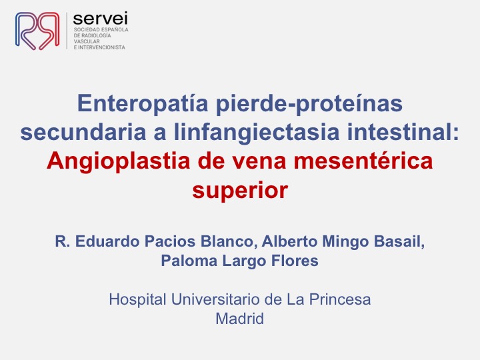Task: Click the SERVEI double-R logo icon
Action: tap(37, 31)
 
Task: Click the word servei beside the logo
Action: tap(101, 19)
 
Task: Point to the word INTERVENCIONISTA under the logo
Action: tap(102, 47)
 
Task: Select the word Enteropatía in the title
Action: tap(143, 103)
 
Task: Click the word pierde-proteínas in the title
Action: tap(309, 104)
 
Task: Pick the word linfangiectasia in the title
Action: tap(257, 133)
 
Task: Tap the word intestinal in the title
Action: tap(401, 132)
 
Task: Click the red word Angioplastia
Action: tap(119, 161)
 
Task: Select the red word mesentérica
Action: tap(363, 161)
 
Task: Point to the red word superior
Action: tap(240, 191)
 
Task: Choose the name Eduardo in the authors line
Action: tap(107, 241)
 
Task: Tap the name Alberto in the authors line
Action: tap(289, 241)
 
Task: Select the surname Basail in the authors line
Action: tap(399, 241)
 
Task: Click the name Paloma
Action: tap(189, 261)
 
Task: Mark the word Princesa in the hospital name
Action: tap(340, 299)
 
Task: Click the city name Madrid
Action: tap(240, 319)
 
